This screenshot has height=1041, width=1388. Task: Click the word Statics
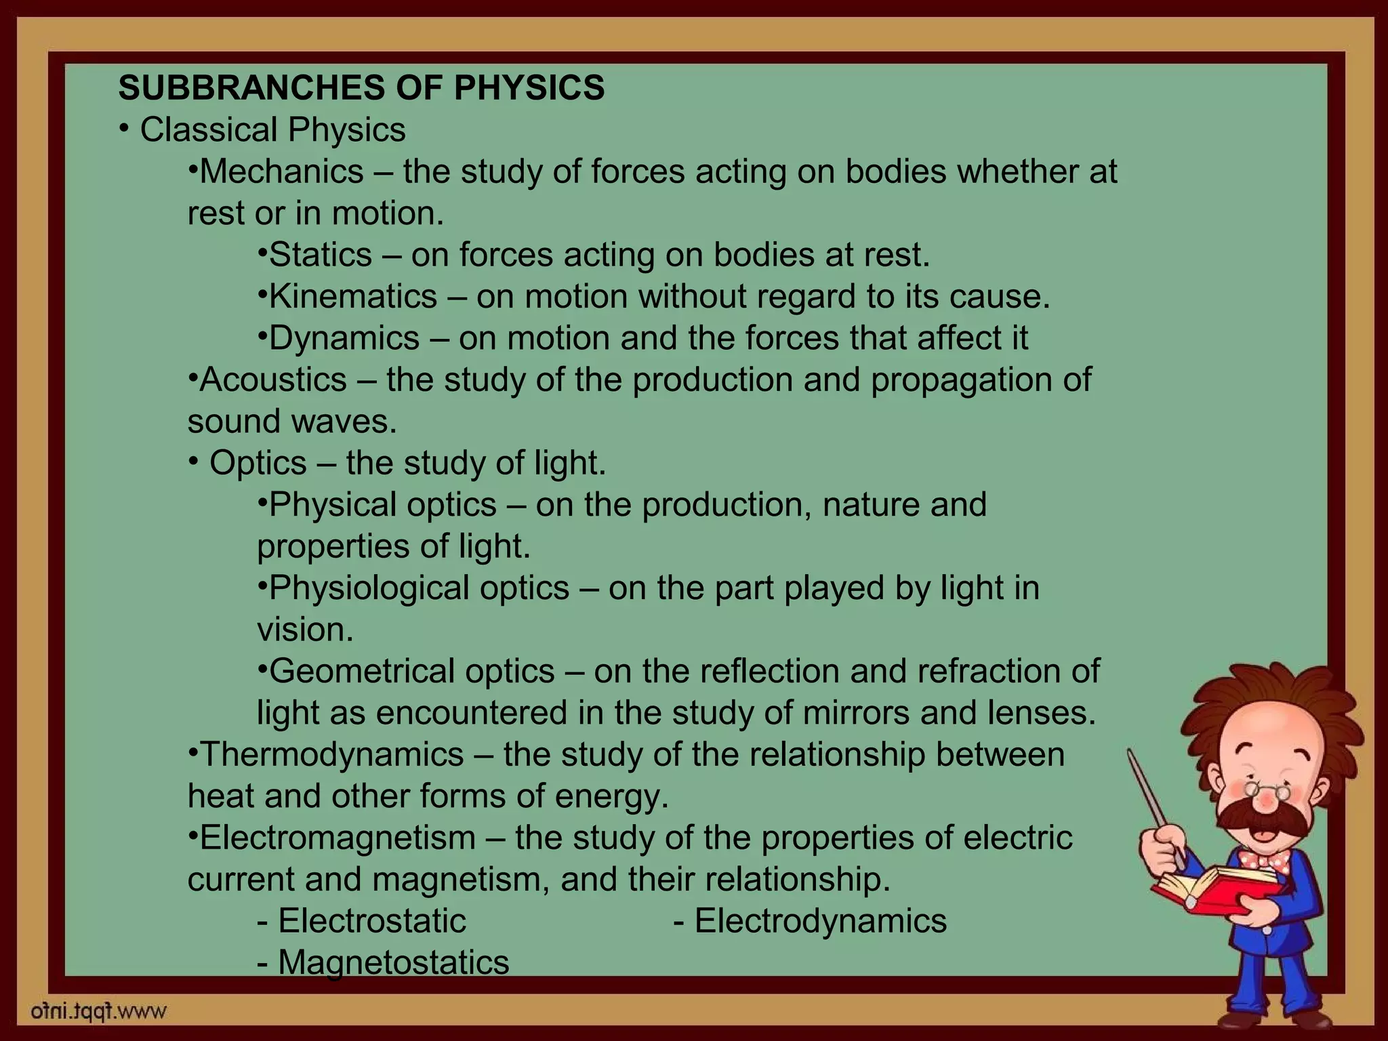coord(321,255)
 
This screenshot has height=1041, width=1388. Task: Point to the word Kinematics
coord(353,297)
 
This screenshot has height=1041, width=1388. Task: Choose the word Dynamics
coord(344,338)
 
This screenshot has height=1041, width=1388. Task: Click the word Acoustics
coord(273,380)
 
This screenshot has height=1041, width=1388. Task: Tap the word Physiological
coord(369,588)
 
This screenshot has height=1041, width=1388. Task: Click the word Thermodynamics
coord(332,754)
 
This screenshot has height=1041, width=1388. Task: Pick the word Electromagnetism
coord(338,838)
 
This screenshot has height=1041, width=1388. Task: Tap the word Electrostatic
coord(372,921)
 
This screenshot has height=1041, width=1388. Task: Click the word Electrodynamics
coord(820,921)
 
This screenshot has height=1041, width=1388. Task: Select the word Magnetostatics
coord(393,962)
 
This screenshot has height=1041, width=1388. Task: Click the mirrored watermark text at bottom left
coord(99,1013)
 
